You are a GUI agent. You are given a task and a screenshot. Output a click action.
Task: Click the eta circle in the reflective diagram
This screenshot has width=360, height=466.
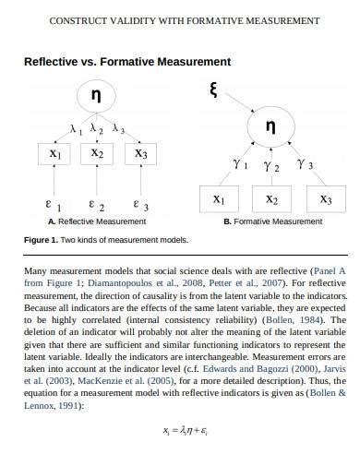(96, 97)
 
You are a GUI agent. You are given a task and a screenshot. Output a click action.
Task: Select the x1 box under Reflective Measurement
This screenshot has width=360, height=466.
(55, 154)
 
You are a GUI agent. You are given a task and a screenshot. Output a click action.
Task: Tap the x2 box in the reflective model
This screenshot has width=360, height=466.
(97, 154)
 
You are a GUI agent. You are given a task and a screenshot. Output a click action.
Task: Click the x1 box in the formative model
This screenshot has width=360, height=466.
(218, 199)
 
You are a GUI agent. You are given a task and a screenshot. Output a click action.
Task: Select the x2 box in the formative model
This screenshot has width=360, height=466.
(272, 199)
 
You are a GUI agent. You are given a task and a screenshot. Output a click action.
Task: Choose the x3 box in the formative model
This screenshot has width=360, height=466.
(326, 199)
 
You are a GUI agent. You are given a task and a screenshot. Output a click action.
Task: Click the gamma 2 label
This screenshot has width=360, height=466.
(271, 166)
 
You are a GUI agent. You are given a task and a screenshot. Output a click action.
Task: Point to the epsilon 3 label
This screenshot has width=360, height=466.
(138, 206)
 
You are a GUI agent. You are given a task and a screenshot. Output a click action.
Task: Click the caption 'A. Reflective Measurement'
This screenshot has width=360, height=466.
(97, 221)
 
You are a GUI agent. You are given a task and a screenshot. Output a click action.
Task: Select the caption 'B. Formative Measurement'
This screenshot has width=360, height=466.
(272, 221)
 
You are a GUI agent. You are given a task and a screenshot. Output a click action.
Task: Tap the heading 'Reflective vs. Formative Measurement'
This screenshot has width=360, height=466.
(126, 62)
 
